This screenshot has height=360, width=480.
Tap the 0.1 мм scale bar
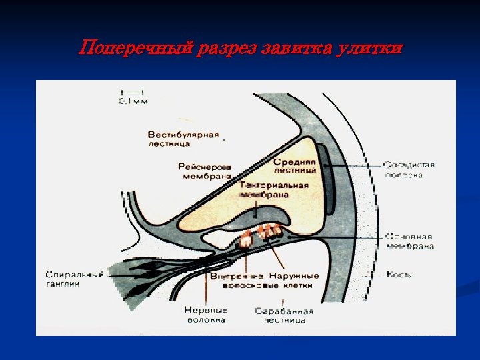coord(133,91)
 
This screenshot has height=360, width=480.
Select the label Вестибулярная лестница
coord(183,138)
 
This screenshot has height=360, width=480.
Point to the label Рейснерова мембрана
coord(205,171)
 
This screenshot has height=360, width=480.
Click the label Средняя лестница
coord(295,165)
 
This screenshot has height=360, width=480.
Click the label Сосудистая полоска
coord(409,169)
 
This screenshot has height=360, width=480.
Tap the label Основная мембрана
coord(409,241)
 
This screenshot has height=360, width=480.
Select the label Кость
coord(399,274)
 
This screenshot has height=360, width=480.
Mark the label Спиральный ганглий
coord(74,279)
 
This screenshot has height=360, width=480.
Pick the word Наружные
coord(294,276)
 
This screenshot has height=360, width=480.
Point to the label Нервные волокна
coord(205,314)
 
